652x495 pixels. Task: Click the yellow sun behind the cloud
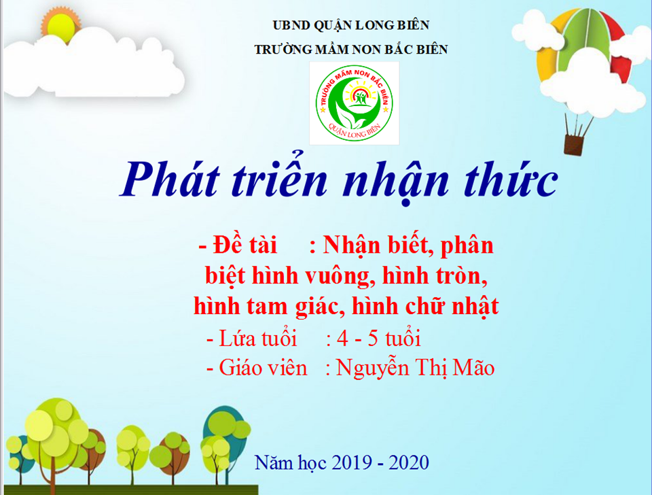click(60, 27)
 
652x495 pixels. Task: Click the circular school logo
click(355, 103)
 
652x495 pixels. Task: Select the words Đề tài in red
click(244, 245)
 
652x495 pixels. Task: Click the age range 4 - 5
click(358, 339)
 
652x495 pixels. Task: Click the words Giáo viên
click(263, 368)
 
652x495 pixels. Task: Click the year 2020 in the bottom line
click(409, 463)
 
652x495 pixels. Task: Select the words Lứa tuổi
click(258, 339)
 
